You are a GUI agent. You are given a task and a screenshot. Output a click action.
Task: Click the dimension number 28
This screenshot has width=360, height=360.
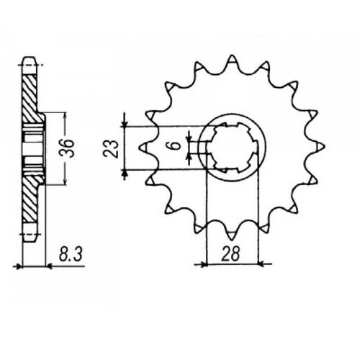tap(233, 253)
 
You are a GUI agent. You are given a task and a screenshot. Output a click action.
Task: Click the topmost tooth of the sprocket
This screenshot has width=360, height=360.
tap(232, 60)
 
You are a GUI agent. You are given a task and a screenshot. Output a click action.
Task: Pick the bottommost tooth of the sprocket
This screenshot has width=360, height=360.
tap(232, 235)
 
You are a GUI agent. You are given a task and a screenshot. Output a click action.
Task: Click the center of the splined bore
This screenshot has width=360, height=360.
tap(232, 148)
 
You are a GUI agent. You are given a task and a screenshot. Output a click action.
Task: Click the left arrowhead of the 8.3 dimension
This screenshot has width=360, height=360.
tap(19, 266)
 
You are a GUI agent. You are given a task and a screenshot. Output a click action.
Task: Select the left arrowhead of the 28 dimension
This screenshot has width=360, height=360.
tap(203, 264)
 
